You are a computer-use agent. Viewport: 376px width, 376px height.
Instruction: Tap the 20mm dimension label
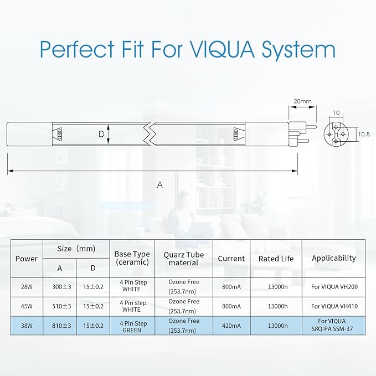click(x=302, y=101)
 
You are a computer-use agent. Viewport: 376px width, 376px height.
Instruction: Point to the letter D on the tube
click(x=101, y=134)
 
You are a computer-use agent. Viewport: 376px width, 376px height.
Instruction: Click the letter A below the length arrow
click(x=160, y=184)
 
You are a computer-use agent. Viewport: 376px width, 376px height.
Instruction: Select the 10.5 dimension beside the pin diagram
click(x=364, y=134)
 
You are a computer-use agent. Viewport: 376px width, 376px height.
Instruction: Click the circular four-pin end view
click(x=336, y=134)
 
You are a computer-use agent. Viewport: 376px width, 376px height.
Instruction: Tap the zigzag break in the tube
click(x=150, y=134)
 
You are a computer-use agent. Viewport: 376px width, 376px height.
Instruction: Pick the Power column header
click(x=27, y=259)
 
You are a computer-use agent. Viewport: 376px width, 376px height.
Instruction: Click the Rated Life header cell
click(x=276, y=259)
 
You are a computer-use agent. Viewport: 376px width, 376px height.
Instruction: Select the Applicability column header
click(x=333, y=258)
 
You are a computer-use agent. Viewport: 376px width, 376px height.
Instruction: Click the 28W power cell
click(x=27, y=287)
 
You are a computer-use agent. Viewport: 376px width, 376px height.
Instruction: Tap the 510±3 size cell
click(x=61, y=306)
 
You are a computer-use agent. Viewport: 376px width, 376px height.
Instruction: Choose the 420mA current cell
click(x=231, y=326)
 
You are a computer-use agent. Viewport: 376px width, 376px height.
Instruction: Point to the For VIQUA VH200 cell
click(x=334, y=287)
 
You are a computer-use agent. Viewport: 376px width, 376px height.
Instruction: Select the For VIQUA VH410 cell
click(x=334, y=306)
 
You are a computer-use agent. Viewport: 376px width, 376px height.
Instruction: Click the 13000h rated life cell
click(x=277, y=306)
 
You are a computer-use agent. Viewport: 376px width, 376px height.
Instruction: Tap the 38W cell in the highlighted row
click(x=27, y=326)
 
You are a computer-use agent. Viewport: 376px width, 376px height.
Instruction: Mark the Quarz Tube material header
click(x=184, y=259)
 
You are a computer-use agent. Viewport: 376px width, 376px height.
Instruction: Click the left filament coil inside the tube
click(x=59, y=134)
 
